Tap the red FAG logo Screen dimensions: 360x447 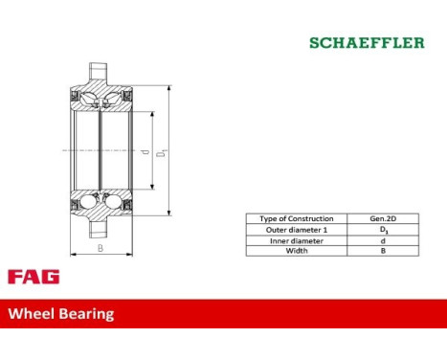click(x=34, y=277)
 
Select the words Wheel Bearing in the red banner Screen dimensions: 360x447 click(x=61, y=313)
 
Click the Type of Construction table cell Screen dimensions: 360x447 click(x=297, y=219)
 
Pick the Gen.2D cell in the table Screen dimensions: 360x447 click(x=383, y=219)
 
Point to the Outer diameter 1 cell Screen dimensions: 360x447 click(x=297, y=230)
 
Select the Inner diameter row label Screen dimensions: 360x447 click(x=297, y=240)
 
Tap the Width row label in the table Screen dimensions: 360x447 click(x=297, y=251)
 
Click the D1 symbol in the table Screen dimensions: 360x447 click(x=383, y=230)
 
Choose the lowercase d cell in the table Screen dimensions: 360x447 click(x=383, y=240)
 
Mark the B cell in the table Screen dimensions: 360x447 click(x=383, y=251)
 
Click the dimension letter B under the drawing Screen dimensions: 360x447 click(x=100, y=247)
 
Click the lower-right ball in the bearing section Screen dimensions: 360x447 click(x=114, y=202)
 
